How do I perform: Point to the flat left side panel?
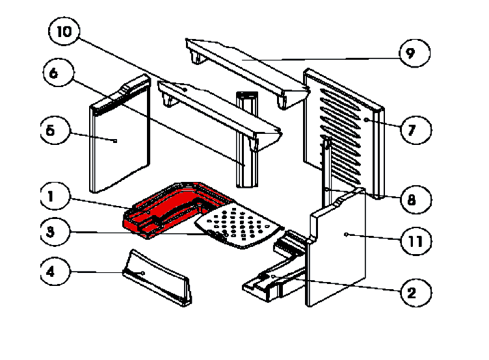click(x=120, y=143)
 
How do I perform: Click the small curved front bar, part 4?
click(x=156, y=279)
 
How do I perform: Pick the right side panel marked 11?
click(x=338, y=247)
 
